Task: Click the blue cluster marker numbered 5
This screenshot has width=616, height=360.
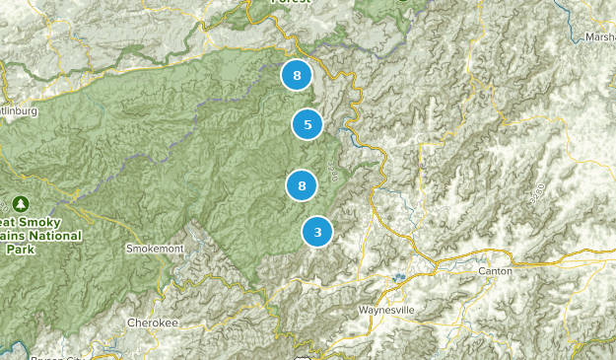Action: (308, 124)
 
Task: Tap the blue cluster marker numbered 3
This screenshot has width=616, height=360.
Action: (317, 232)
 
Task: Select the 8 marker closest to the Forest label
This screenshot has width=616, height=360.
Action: (296, 75)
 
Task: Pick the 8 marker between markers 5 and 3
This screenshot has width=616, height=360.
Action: (302, 185)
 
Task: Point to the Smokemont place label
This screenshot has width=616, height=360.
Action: (155, 250)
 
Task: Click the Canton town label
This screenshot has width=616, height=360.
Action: (494, 270)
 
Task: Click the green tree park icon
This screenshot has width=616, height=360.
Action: (21, 204)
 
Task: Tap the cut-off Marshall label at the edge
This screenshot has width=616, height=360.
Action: (599, 38)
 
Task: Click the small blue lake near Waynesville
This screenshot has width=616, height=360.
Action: (398, 277)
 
